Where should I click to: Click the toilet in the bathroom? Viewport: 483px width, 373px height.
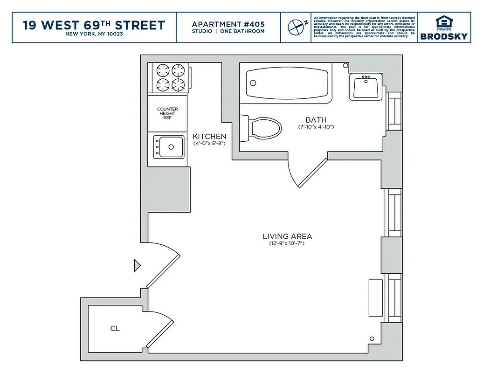tap(263, 127)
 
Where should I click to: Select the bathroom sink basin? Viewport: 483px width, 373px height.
tap(366, 86)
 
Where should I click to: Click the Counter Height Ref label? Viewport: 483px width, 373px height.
tap(167, 113)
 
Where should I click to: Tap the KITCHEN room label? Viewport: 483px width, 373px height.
tap(209, 136)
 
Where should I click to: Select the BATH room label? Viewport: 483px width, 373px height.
tap(316, 120)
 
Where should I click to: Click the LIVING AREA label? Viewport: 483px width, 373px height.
tap(287, 236)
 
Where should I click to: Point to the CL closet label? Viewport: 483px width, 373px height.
tap(115, 328)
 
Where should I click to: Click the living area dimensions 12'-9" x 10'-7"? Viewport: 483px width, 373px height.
tap(287, 244)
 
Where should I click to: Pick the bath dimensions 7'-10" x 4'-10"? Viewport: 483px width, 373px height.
tap(316, 127)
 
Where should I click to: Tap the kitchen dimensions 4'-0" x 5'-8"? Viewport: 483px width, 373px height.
tap(209, 144)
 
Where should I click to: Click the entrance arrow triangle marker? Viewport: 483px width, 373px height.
tap(137, 265)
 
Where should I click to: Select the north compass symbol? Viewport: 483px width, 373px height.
tap(296, 27)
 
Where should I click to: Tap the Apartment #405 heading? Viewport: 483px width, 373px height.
tap(228, 24)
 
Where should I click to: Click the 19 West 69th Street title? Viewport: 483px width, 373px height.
tap(94, 25)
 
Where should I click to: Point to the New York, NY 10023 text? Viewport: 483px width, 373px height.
tap(94, 34)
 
